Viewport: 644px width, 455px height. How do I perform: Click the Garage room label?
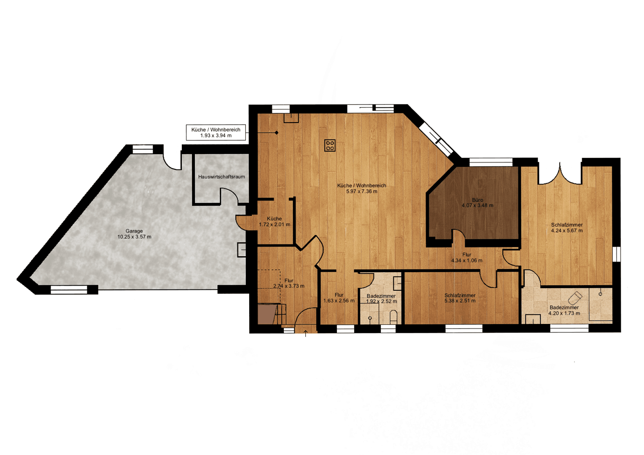[134, 231]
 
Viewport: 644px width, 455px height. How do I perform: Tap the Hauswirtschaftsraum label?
[221, 177]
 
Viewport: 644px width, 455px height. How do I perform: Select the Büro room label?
[477, 200]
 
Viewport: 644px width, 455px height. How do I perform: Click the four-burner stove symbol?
[330, 146]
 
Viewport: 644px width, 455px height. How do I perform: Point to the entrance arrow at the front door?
[306, 334]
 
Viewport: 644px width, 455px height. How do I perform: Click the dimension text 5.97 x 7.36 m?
[362, 191]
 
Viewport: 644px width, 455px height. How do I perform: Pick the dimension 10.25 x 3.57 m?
[134, 237]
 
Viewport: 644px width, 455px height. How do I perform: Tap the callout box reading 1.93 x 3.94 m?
[216, 133]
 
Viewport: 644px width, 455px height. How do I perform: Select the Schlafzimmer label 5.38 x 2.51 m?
[460, 298]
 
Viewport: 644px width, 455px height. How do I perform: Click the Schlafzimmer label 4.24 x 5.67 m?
[567, 227]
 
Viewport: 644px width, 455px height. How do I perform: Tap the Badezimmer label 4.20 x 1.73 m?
[564, 310]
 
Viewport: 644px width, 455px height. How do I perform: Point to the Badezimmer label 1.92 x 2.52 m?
[381, 299]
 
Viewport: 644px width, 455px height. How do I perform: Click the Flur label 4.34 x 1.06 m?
[466, 257]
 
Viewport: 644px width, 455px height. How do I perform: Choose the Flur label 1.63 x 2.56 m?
[339, 298]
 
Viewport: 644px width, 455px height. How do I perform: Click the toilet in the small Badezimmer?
[393, 316]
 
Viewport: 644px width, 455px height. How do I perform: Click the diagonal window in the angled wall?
[436, 139]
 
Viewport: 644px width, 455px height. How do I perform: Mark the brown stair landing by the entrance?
[266, 314]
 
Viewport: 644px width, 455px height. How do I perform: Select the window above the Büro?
[490, 162]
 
